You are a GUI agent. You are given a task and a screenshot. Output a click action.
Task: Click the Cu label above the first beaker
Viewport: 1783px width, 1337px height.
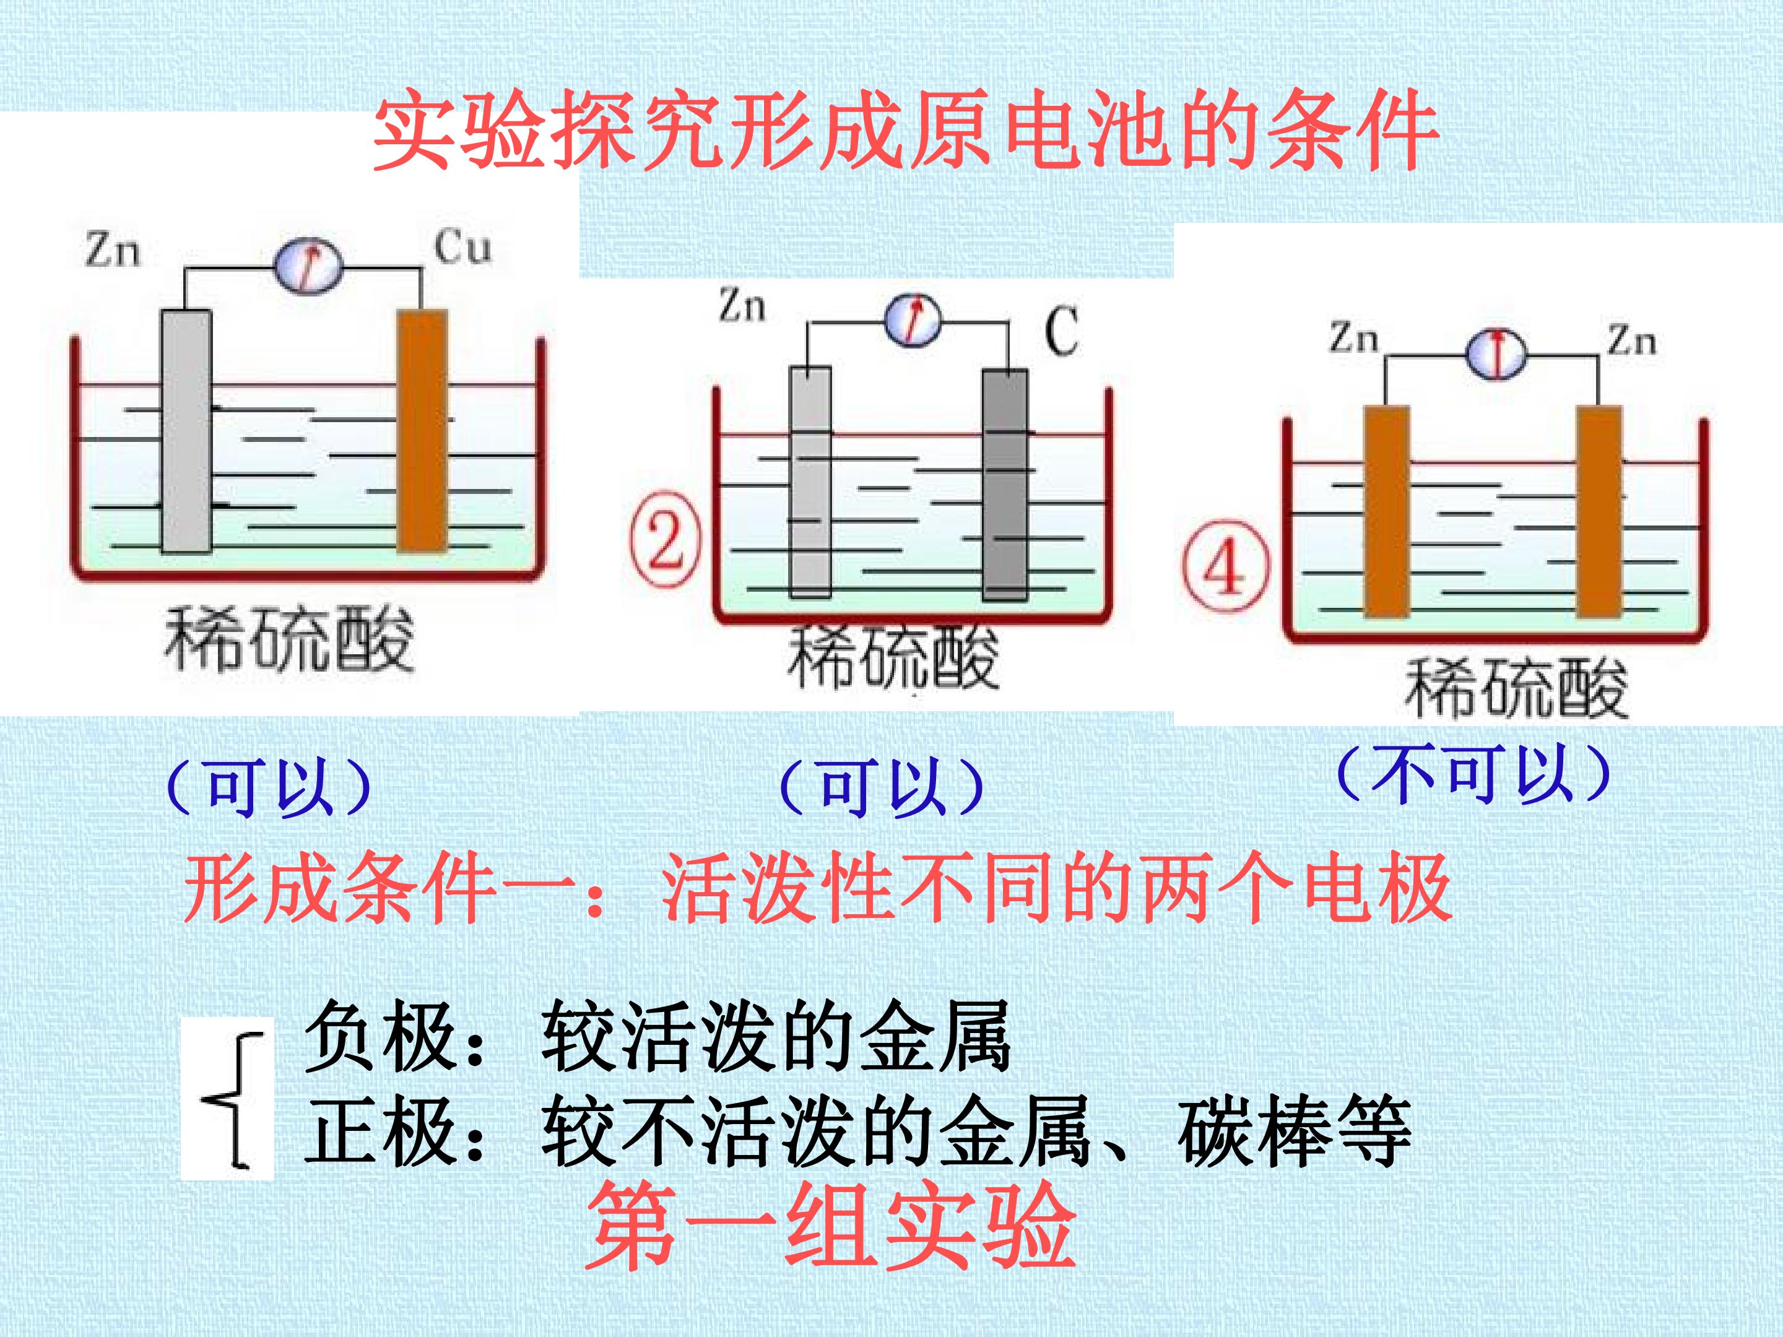point(462,246)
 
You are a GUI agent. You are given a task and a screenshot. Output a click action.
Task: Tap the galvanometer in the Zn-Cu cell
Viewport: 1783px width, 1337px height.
point(308,266)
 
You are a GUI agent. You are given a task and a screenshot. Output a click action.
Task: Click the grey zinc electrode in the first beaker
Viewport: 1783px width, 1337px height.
point(186,432)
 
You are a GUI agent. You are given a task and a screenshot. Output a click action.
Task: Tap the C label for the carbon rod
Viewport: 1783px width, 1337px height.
point(1062,331)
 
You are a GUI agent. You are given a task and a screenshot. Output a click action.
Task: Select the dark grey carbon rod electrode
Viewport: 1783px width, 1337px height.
point(1005,484)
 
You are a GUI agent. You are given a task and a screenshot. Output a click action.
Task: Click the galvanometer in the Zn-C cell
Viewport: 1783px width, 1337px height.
point(913,320)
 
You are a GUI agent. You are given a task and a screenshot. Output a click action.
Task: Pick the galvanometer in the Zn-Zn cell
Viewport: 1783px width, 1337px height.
point(1496,354)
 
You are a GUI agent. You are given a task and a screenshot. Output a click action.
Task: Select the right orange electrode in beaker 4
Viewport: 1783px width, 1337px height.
point(1599,512)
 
